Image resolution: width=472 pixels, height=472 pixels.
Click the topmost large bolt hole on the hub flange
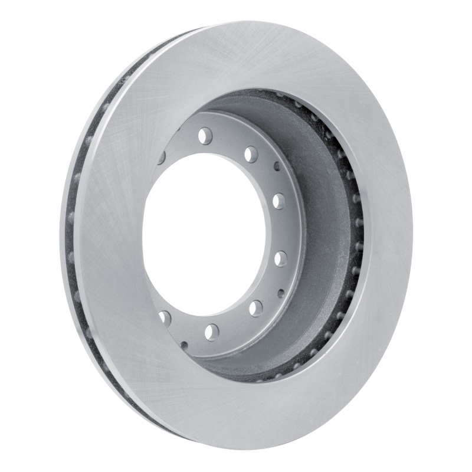(x=205, y=136)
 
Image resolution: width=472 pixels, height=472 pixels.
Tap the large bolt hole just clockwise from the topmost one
(x=251, y=155)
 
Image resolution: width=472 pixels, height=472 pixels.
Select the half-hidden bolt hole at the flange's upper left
(x=161, y=158)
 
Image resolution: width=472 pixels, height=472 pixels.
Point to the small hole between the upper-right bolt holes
(x=277, y=166)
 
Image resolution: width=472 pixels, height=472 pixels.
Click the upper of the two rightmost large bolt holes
(x=278, y=201)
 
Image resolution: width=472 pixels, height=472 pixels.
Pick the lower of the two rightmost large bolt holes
(x=281, y=258)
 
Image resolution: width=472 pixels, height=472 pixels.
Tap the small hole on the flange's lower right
(x=280, y=292)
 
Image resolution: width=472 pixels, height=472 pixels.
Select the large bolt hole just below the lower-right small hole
(x=255, y=307)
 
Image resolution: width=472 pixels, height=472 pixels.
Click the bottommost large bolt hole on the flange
(x=212, y=332)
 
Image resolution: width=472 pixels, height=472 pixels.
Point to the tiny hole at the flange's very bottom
(x=185, y=344)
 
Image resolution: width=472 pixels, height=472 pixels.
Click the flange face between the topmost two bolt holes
(x=229, y=142)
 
